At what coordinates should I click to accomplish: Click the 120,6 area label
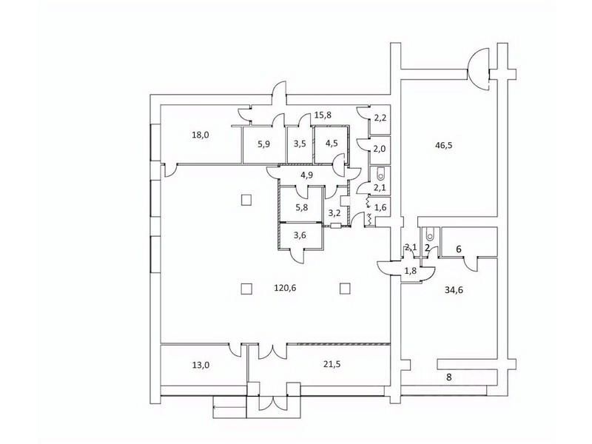pyautogui.click(x=285, y=288)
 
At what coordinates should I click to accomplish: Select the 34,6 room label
pyautogui.click(x=455, y=290)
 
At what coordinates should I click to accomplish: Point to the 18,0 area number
pyautogui.click(x=200, y=135)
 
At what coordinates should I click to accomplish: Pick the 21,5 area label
pyautogui.click(x=332, y=364)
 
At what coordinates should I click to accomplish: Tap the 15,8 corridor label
pyautogui.click(x=323, y=115)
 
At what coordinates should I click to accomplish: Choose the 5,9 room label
pyautogui.click(x=263, y=144)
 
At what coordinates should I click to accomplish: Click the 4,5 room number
pyautogui.click(x=331, y=144)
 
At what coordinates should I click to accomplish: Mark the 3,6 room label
pyautogui.click(x=300, y=235)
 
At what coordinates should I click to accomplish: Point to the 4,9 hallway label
pyautogui.click(x=306, y=175)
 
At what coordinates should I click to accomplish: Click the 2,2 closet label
pyautogui.click(x=380, y=118)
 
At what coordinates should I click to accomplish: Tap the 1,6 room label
pyautogui.click(x=380, y=207)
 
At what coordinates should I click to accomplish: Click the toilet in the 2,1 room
pyautogui.click(x=380, y=174)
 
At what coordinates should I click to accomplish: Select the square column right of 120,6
pyautogui.click(x=345, y=289)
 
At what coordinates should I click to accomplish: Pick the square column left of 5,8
pyautogui.click(x=246, y=199)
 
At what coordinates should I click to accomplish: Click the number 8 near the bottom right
pyautogui.click(x=449, y=377)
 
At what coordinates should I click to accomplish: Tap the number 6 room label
pyautogui.click(x=459, y=249)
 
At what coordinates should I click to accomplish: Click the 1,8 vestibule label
pyautogui.click(x=411, y=270)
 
